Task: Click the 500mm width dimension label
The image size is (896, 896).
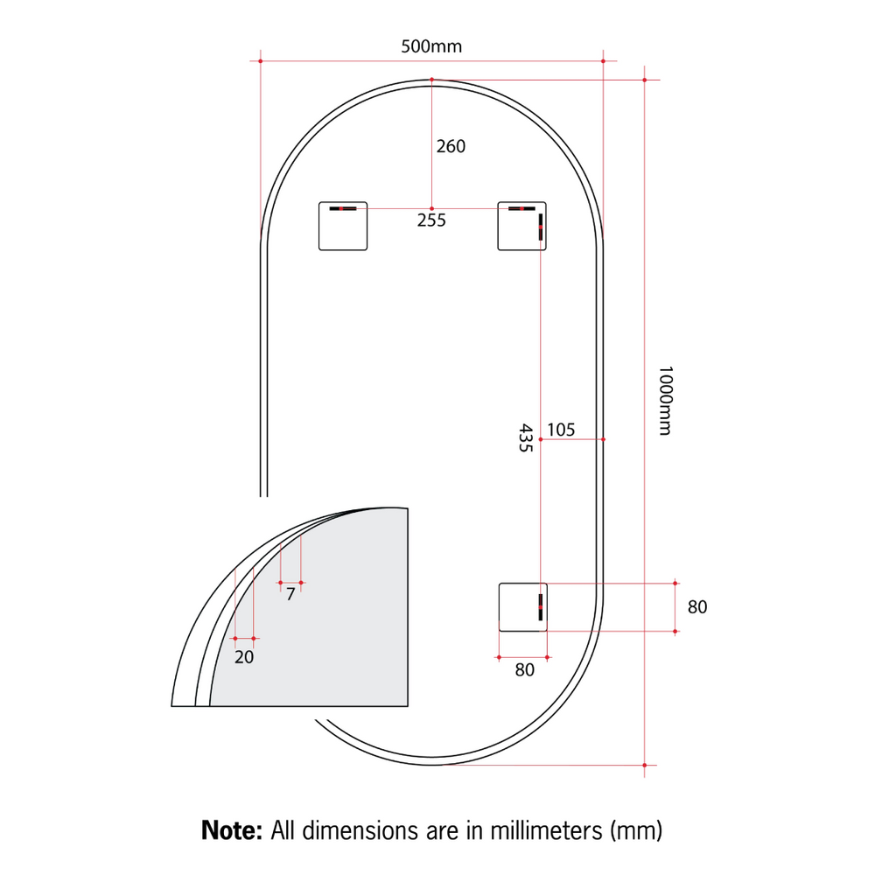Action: pos(431,46)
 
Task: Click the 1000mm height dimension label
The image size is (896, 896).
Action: pos(665,401)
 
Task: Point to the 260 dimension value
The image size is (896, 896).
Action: pos(451,146)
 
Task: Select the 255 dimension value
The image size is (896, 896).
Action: pos(431,220)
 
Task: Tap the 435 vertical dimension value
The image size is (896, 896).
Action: pos(525,437)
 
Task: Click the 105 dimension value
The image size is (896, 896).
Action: pos(561,430)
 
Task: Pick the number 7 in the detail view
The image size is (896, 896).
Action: pos(290,594)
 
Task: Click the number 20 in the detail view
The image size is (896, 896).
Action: pos(244,657)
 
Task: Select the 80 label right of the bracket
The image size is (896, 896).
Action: pos(697,607)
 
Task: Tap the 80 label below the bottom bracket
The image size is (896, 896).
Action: pos(525,669)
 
